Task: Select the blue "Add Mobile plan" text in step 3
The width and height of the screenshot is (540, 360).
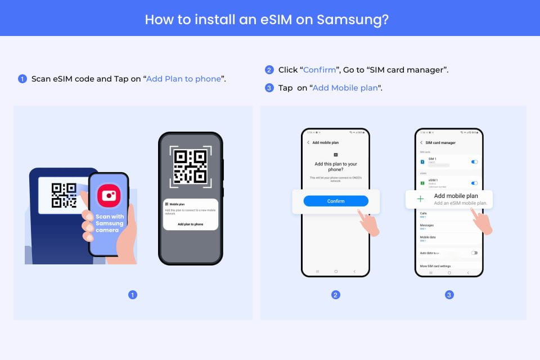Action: coord(345,88)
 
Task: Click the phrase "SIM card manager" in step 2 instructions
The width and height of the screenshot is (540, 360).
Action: coord(407,70)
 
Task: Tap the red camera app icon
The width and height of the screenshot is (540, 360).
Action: coord(109,196)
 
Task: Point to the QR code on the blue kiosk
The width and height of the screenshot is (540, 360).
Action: coord(64,195)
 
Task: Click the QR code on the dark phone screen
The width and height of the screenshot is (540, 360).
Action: coord(190,166)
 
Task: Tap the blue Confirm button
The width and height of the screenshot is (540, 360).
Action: coord(336,201)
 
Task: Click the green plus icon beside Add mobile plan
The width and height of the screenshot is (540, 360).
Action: coord(420,199)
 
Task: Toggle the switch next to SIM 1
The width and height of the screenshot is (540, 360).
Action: coord(474,162)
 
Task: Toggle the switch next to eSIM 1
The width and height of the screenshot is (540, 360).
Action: coord(474,183)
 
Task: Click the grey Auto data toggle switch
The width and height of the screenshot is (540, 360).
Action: coord(474,253)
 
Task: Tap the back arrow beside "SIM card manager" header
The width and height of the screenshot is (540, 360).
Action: coord(421,143)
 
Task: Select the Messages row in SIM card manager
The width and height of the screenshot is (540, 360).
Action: coord(427,226)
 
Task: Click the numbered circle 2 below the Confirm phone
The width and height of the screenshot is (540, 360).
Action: coord(336,295)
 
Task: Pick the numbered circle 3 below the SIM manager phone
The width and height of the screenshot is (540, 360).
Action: coord(449,295)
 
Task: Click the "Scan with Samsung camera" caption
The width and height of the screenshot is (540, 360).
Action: coord(109,223)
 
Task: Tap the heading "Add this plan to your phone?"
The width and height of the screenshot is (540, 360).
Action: coord(336,166)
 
